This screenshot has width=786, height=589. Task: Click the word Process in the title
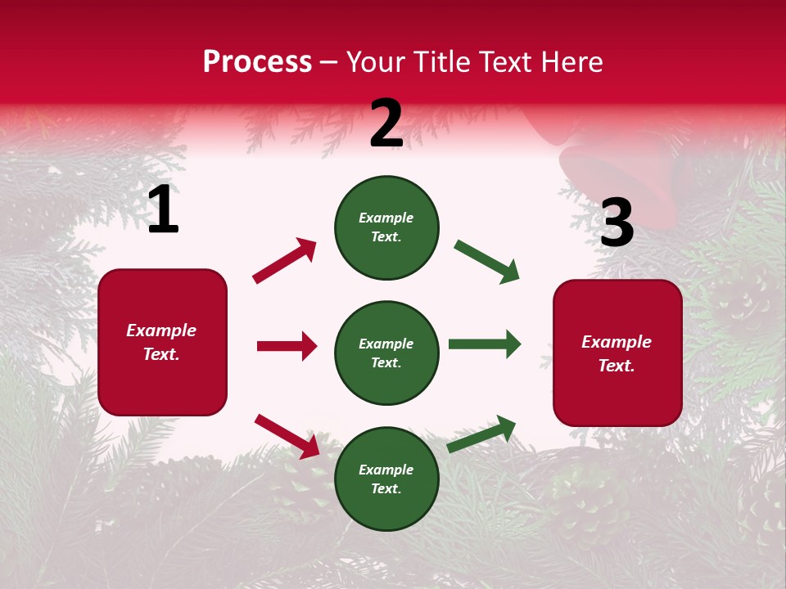[x=257, y=62]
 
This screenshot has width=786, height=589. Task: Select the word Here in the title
[x=570, y=62]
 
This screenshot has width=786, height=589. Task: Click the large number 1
[x=163, y=210]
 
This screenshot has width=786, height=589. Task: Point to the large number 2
[x=386, y=124]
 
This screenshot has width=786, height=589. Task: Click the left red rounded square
[x=162, y=342]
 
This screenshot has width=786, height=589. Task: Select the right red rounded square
[x=617, y=353]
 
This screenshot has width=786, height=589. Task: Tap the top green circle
[x=386, y=227]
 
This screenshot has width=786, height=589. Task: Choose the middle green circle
[x=386, y=353]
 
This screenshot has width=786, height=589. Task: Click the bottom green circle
[x=386, y=479]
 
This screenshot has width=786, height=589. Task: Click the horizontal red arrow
[x=287, y=346]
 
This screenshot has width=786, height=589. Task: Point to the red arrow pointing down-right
[x=287, y=436]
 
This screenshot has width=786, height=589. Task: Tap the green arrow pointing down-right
[x=487, y=262]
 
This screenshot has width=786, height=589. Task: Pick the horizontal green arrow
[x=485, y=344]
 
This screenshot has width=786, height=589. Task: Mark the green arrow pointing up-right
[x=482, y=434]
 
